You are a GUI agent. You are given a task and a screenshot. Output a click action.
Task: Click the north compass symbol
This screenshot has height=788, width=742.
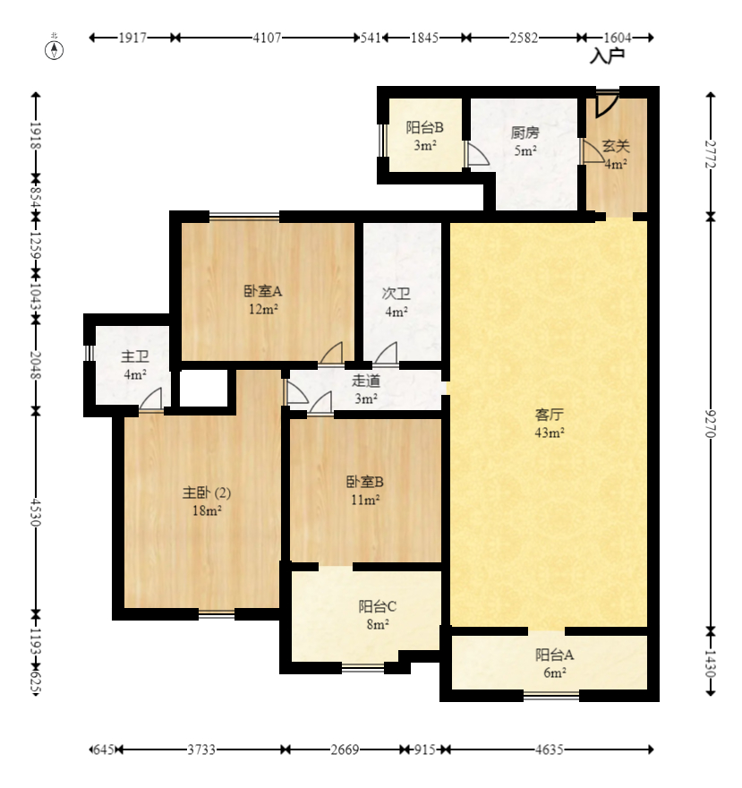point(55,50)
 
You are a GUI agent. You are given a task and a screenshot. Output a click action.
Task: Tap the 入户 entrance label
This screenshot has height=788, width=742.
point(607,56)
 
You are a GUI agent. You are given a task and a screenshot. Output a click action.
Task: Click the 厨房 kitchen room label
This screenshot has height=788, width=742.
point(525,133)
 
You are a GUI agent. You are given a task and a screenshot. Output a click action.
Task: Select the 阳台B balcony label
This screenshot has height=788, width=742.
point(424,127)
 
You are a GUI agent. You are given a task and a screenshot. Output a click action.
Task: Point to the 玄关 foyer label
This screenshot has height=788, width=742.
point(616,146)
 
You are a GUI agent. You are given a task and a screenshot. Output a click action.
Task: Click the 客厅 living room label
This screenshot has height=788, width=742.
point(549,415)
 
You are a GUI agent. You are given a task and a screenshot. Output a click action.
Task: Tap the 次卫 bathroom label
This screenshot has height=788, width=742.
point(396,294)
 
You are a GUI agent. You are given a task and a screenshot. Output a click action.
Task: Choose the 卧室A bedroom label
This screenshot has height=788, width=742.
point(263,291)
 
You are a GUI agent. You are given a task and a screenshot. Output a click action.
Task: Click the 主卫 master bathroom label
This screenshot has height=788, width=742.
point(134,356)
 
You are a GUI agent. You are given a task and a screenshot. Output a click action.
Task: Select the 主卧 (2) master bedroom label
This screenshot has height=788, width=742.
point(207,492)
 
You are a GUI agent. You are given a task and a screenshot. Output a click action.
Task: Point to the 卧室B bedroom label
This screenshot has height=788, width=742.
point(364,482)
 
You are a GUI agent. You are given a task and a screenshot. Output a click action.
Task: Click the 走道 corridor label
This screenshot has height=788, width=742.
point(366,381)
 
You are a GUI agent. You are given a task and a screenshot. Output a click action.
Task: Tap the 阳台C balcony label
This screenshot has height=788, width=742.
point(378,606)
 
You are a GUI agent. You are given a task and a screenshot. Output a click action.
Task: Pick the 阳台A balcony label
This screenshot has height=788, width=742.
point(554,655)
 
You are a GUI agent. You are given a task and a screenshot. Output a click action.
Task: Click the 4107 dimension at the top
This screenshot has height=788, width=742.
point(267,38)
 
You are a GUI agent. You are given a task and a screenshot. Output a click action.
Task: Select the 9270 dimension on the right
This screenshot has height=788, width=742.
point(711,424)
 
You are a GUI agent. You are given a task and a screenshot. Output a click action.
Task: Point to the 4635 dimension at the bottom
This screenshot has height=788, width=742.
point(549,749)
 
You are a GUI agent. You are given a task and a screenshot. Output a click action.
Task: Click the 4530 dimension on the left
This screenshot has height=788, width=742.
point(35,512)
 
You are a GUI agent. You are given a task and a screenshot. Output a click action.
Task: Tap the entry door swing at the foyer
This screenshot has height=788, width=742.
point(607,105)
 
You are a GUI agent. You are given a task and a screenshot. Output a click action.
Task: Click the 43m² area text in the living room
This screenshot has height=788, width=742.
point(549,433)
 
